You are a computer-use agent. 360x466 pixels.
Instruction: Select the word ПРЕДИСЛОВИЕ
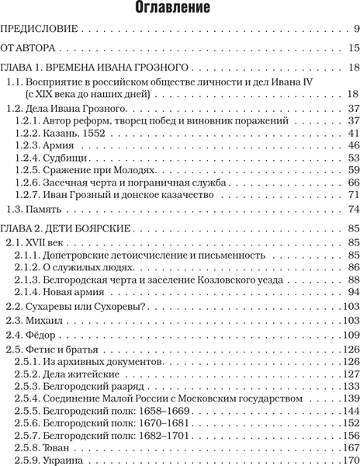click(x=40, y=31)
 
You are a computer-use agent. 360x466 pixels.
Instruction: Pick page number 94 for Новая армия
click(x=353, y=291)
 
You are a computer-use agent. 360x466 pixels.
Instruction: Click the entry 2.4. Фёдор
click(x=33, y=336)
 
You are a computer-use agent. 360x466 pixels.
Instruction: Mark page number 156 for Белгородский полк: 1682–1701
click(x=350, y=436)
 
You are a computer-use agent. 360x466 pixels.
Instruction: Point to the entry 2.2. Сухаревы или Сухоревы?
click(x=76, y=307)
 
